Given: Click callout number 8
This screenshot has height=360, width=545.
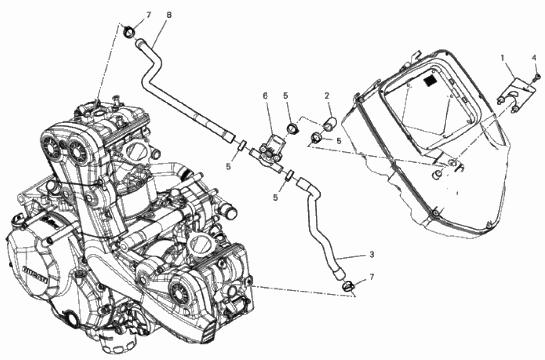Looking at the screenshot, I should pos(168,14).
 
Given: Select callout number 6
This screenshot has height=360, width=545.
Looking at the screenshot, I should pos(265,96).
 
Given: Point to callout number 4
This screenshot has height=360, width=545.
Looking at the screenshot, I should pos(533,57).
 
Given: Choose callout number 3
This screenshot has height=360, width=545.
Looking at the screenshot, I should pos(371,254).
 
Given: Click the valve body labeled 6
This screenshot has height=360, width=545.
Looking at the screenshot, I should pos(268,149).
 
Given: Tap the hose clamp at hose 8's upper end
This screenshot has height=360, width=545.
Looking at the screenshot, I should pos(129,33).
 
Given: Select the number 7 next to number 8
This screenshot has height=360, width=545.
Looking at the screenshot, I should pos(149,15).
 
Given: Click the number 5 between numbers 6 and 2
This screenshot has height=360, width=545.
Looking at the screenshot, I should pos(286,96).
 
